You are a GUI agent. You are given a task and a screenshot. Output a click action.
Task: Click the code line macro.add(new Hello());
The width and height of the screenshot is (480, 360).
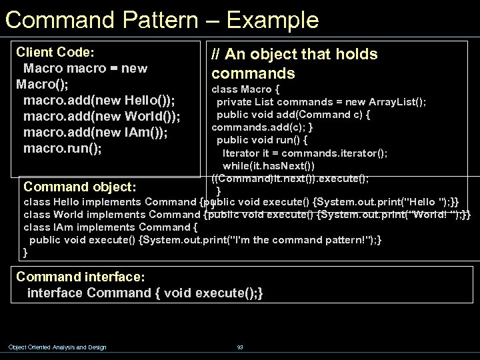pos(99,100)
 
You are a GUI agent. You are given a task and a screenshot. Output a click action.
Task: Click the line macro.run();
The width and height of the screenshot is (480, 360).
pos(63,148)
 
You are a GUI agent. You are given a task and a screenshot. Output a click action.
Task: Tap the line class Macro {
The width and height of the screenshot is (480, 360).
pos(245,89)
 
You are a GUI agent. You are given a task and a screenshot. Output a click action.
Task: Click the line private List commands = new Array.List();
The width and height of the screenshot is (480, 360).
pos(321,101)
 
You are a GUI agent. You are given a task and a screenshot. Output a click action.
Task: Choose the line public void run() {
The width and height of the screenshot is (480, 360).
pos(261,140)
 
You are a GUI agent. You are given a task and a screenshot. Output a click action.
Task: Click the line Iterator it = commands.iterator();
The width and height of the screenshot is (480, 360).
pos(305,153)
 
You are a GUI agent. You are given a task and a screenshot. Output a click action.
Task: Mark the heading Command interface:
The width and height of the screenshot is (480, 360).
pos(81,276)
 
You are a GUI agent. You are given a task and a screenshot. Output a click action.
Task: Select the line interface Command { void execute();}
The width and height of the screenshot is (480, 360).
pos(145,292)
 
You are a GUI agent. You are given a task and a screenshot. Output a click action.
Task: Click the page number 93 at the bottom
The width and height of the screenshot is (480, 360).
pos(240,347)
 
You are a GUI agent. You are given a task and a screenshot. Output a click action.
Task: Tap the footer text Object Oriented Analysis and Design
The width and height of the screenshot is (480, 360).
pos(57,347)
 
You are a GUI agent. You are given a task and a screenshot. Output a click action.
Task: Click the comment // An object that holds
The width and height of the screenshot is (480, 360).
pos(294,54)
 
